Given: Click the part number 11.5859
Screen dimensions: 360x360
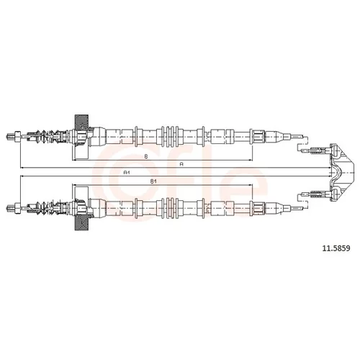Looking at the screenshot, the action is [x=336, y=248].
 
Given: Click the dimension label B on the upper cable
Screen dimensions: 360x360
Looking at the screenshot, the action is [x=146, y=156].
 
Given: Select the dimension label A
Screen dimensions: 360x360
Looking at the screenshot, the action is [x=181, y=164].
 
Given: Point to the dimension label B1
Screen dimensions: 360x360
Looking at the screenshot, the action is [x=153, y=181].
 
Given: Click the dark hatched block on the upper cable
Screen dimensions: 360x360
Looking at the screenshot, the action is [x=81, y=122].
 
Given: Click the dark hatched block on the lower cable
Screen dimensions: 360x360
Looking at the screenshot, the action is [x=81, y=222].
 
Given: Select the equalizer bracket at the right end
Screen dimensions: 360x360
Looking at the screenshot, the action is [x=342, y=172].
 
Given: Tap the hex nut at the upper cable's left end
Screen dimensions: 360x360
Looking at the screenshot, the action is [x=18, y=137].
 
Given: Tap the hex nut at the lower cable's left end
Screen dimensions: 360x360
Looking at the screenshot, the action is [x=18, y=208].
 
